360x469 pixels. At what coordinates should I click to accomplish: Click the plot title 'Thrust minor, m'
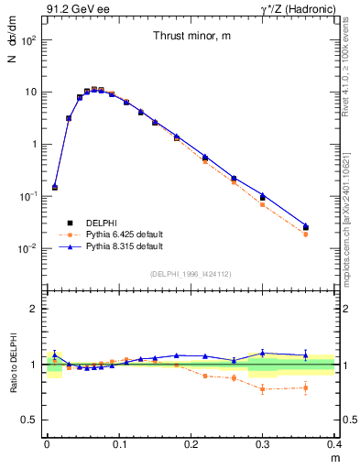(x=191, y=36)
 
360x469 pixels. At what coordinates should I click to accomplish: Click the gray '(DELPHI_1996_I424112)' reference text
(x=190, y=273)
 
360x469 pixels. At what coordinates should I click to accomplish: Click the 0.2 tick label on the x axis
(x=191, y=444)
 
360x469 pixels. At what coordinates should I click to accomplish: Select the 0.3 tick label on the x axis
(x=263, y=444)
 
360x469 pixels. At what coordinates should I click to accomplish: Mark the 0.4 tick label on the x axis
(x=334, y=444)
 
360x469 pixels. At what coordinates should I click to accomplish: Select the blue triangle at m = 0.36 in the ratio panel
(x=306, y=354)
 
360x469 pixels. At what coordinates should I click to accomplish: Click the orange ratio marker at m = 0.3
(x=263, y=389)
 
